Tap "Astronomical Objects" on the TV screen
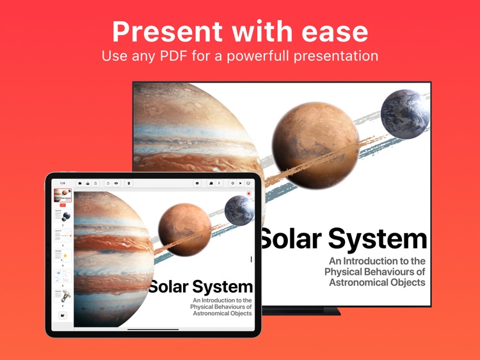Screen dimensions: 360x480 [377, 282]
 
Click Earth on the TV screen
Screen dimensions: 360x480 [404, 113]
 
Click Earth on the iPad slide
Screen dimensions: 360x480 [239, 211]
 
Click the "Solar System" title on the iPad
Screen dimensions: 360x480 [200, 286]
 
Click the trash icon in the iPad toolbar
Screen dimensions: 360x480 [129, 183]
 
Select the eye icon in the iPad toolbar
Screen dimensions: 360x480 [116, 183]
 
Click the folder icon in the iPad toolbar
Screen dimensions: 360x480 [80, 183]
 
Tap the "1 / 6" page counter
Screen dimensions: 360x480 [63, 183]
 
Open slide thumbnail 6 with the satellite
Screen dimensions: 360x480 [63, 297]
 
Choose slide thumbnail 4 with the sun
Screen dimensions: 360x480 [63, 256]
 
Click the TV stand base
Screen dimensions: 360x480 [301, 311]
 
